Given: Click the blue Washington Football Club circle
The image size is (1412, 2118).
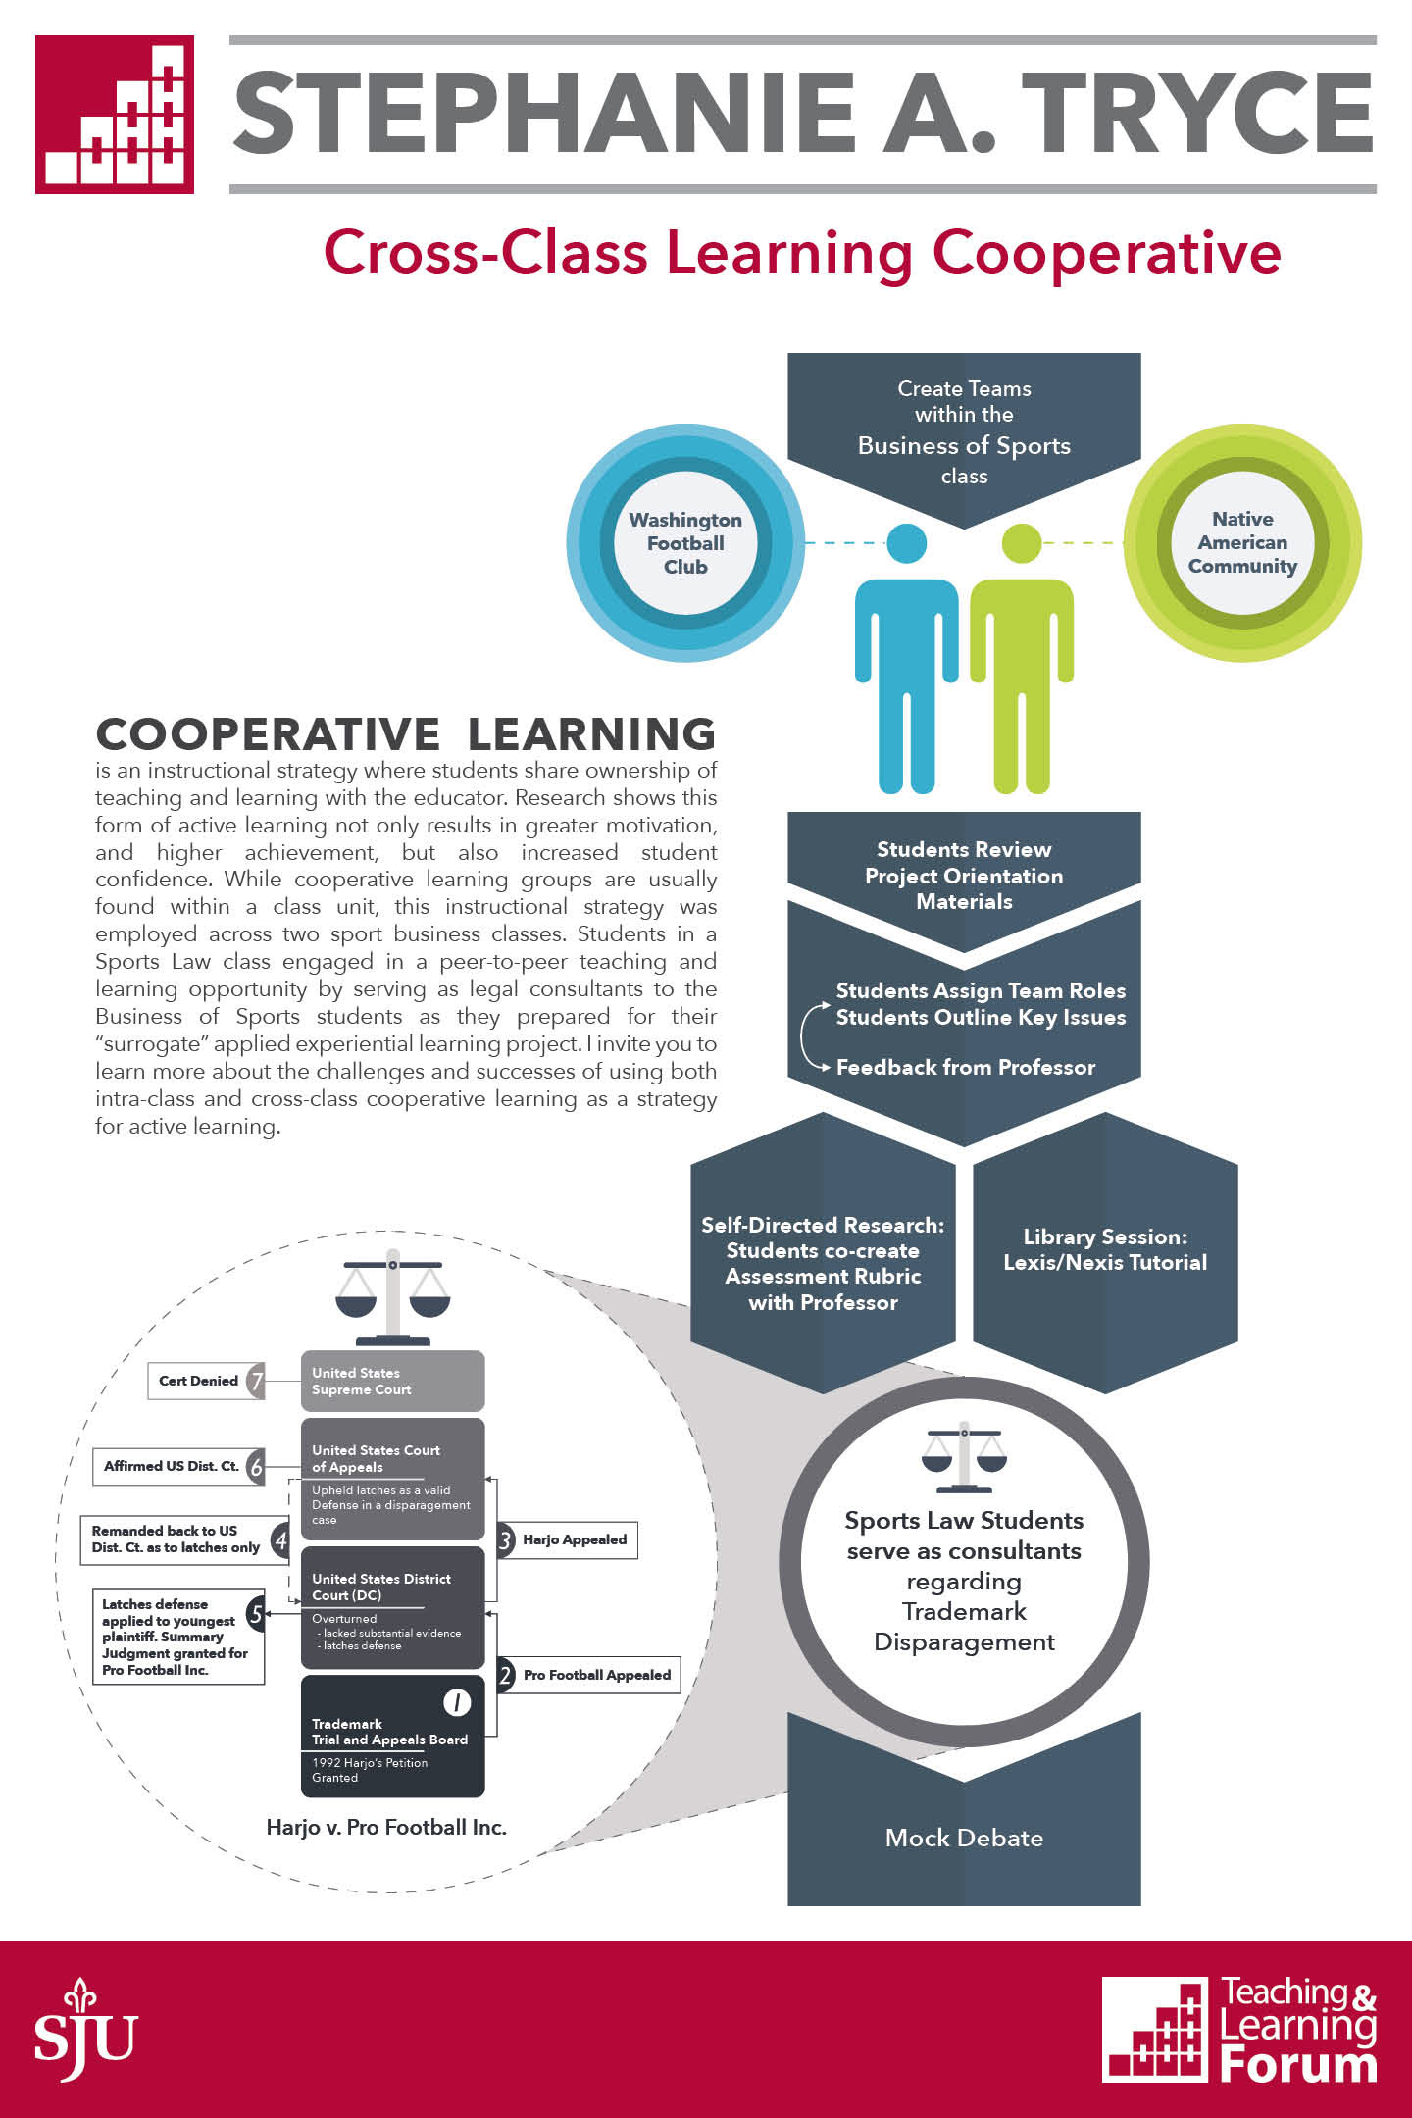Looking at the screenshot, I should (x=685, y=543).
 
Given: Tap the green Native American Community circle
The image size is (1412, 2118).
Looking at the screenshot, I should (x=1242, y=542).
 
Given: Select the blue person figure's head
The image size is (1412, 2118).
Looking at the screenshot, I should (x=906, y=543).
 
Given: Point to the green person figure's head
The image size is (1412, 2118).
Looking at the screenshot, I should (x=1022, y=543).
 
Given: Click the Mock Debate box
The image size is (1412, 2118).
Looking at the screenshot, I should (x=964, y=1838).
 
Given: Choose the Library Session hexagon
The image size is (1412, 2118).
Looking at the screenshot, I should (x=1105, y=1251).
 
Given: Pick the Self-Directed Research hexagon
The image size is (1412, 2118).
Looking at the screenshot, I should (x=823, y=1263).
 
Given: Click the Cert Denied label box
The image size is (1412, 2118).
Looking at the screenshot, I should (x=199, y=1381).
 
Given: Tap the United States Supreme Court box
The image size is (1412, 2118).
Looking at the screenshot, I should (x=392, y=1382).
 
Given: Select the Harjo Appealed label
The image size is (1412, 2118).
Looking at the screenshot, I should (x=575, y=1539).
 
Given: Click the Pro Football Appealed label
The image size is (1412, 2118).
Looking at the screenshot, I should (x=596, y=1675).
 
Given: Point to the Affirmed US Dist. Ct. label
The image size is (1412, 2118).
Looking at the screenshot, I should (x=172, y=1466).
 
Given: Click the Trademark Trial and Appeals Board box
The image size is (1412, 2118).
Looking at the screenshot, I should (x=392, y=1737).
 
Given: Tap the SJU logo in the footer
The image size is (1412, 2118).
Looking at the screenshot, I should (x=86, y=2030).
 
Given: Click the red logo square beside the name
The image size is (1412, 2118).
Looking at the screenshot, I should (x=115, y=115).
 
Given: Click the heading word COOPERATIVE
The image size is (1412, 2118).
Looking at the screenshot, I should (x=269, y=733).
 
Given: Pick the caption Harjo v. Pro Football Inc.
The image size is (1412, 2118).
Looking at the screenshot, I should (x=386, y=1827).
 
